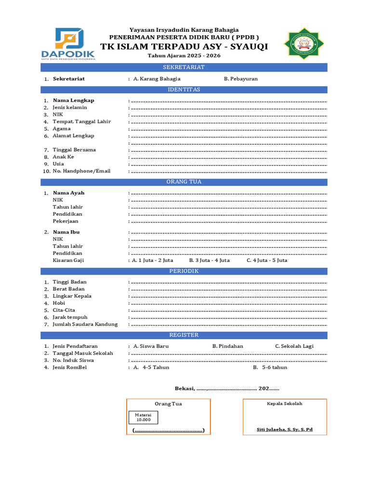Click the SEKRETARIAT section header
click(184, 67)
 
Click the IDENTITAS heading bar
click(184, 90)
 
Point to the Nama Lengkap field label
click(73, 100)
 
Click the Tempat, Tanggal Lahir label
click(81, 122)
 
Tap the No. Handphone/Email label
click(81, 171)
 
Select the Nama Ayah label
click(68, 193)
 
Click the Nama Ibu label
click(66, 232)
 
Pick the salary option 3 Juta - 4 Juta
click(209, 261)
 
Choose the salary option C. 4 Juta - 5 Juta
click(267, 261)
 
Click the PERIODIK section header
click(184, 271)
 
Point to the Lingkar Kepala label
click(72, 296)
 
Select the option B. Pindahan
click(227, 346)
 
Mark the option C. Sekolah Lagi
click(294, 346)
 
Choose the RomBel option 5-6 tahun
click(270, 367)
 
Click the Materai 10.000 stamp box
click(143, 417)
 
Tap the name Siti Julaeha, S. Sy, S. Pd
click(284, 429)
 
